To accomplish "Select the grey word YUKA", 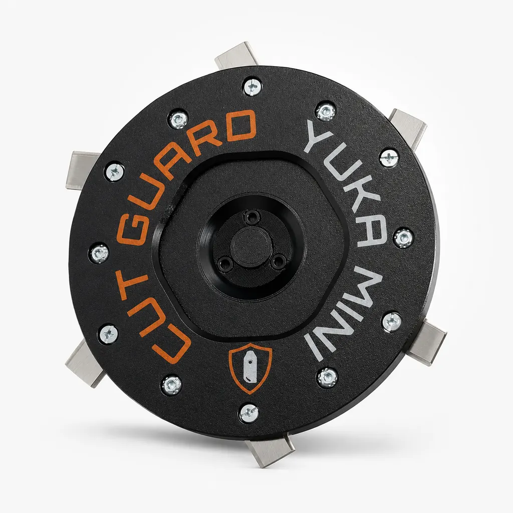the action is (x=346, y=183).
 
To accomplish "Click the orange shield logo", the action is (x=250, y=368).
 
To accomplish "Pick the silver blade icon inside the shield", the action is (x=250, y=366).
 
